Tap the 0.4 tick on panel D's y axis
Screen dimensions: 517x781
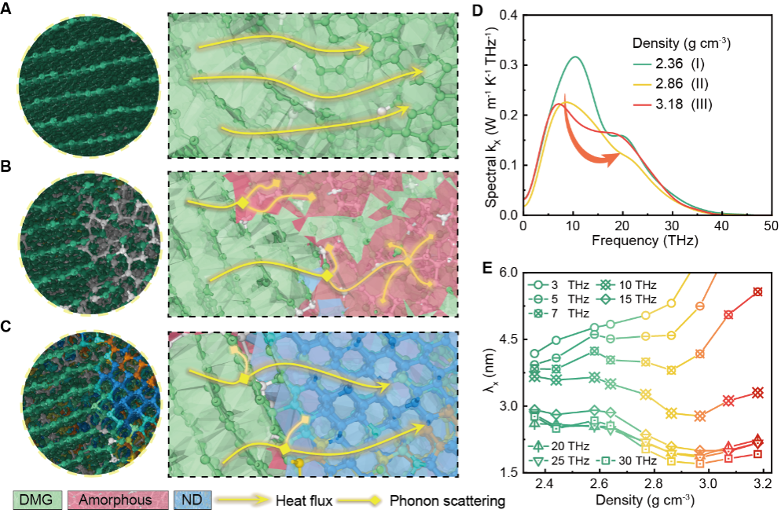507,15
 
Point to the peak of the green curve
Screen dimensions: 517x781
575,57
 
